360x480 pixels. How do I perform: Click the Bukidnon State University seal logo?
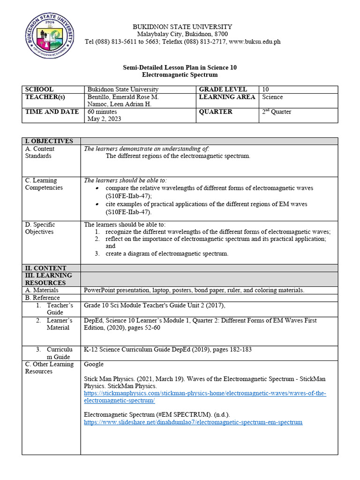click(49, 35)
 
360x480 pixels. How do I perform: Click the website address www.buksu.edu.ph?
click(255, 42)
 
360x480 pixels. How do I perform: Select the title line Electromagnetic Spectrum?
click(180, 75)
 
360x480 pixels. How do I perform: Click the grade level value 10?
click(265, 90)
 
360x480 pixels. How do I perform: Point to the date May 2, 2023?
click(104, 119)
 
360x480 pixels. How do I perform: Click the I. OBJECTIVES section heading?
click(49, 141)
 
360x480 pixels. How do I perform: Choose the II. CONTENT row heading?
click(45, 268)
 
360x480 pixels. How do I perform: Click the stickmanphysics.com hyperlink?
click(205, 397)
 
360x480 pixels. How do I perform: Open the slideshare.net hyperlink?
click(193, 422)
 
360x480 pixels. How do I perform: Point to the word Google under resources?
click(94, 364)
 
